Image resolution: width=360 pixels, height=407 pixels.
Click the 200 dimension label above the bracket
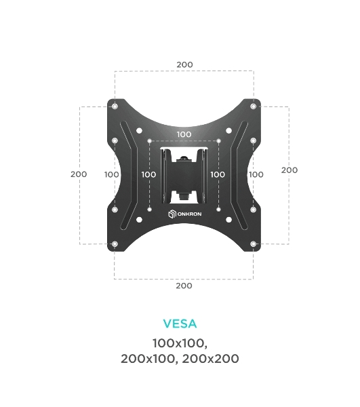pos(184,64)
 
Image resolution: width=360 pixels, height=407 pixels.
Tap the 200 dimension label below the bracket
pos(184,286)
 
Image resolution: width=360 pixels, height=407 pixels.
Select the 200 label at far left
pos(79,174)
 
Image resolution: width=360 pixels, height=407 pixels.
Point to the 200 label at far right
pos(289,170)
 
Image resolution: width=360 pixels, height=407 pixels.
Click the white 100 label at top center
pos(184,134)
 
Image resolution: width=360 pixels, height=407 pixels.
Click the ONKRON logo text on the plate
pos(190,214)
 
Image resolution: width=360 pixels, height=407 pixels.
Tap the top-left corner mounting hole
pos(115,106)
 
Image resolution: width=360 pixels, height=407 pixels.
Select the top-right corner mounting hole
pos(254,106)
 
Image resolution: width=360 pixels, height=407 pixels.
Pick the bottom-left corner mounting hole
pos(115,244)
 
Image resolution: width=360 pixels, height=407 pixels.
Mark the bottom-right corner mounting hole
pos(254,244)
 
